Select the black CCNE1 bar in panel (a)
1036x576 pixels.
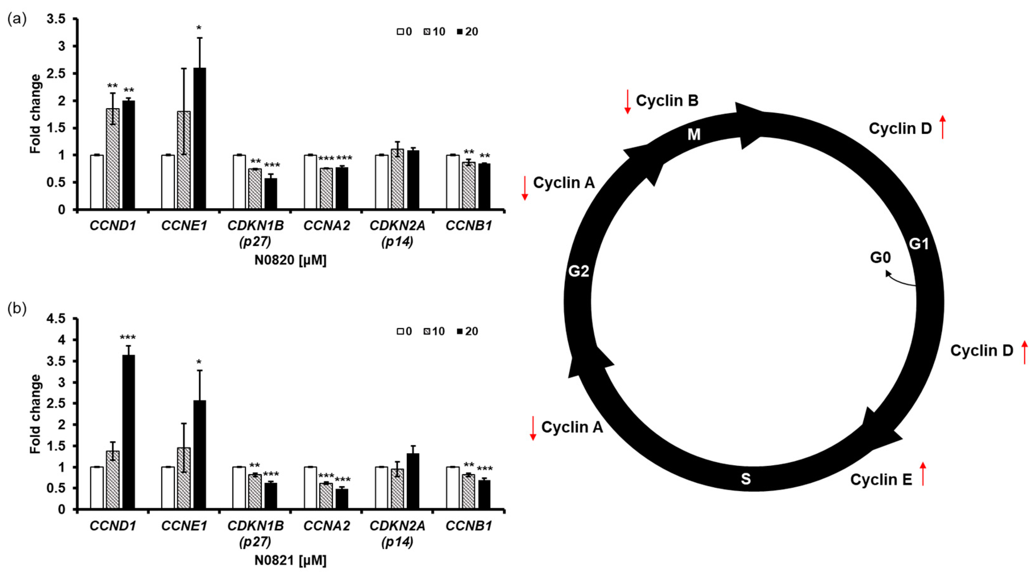point(199,139)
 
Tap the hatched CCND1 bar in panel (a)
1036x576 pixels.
point(113,159)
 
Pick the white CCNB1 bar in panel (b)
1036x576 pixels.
point(453,488)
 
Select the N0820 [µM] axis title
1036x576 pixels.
point(290,260)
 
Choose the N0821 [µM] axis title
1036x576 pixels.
point(290,560)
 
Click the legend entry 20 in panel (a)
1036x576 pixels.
point(468,32)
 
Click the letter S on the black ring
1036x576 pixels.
point(746,479)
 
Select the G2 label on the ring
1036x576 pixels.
point(578,271)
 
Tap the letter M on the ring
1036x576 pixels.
point(694,134)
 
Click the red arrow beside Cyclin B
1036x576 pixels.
point(627,102)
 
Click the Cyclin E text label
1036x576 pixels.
point(881,479)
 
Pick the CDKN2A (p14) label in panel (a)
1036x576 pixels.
point(397,233)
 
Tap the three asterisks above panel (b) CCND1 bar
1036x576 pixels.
point(128,338)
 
